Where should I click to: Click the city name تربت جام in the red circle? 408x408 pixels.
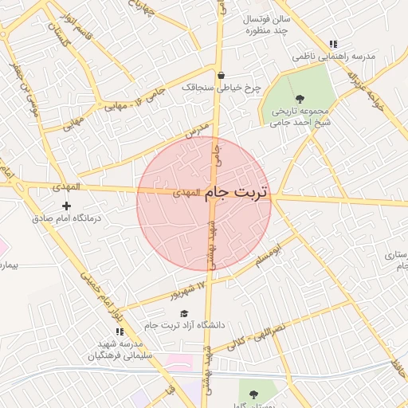(x=237, y=193)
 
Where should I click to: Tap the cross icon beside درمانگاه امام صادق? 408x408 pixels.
(x=66, y=206)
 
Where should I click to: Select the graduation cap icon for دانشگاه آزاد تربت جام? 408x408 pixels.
(x=184, y=314)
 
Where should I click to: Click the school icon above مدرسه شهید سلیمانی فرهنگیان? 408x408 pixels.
(x=120, y=331)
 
